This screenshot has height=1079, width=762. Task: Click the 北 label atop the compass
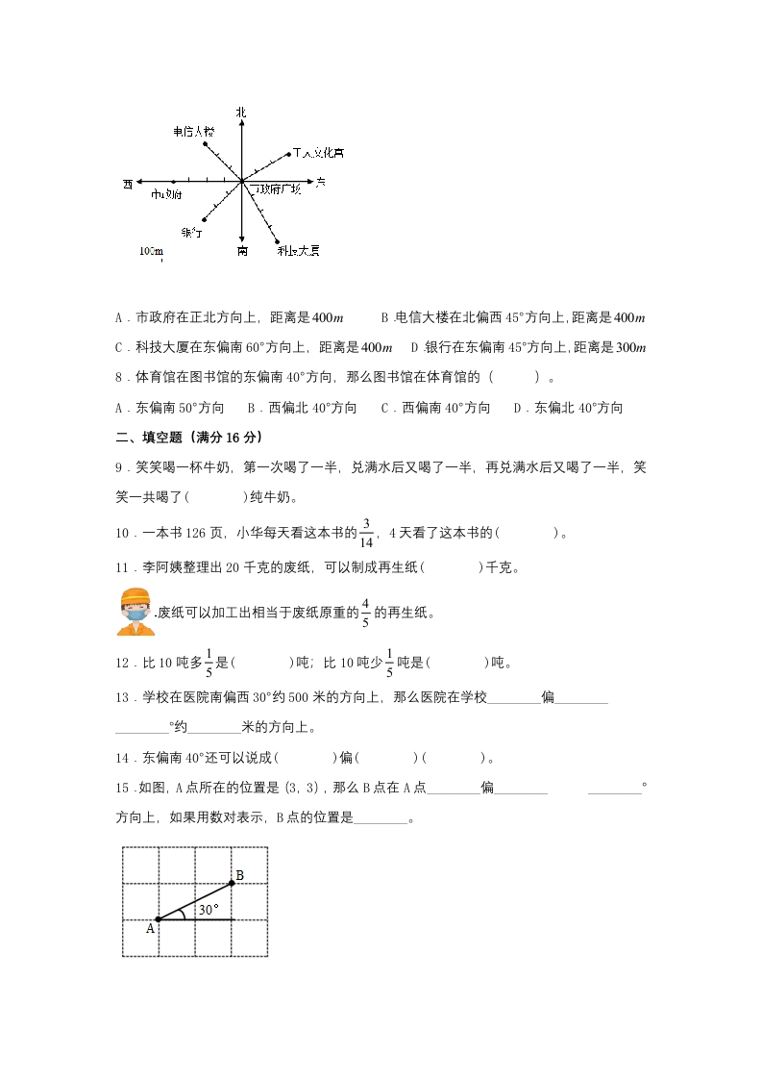[241, 113]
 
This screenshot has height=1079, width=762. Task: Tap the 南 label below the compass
[241, 251]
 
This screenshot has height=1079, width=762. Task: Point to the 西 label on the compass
[128, 183]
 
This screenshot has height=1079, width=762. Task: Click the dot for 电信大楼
[206, 144]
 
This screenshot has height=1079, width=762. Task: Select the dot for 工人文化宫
[289, 153]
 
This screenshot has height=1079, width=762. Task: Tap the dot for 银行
[204, 219]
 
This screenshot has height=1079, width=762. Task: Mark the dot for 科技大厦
[278, 241]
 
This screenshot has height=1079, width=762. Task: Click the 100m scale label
[150, 250]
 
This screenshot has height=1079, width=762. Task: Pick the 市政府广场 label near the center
[277, 189]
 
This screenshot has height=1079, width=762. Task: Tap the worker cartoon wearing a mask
[135, 612]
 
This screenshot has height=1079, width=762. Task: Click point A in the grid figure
[158, 919]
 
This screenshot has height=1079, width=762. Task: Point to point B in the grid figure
[232, 883]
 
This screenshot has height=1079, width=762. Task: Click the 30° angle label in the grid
[208, 909]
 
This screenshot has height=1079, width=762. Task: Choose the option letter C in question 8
[385, 408]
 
